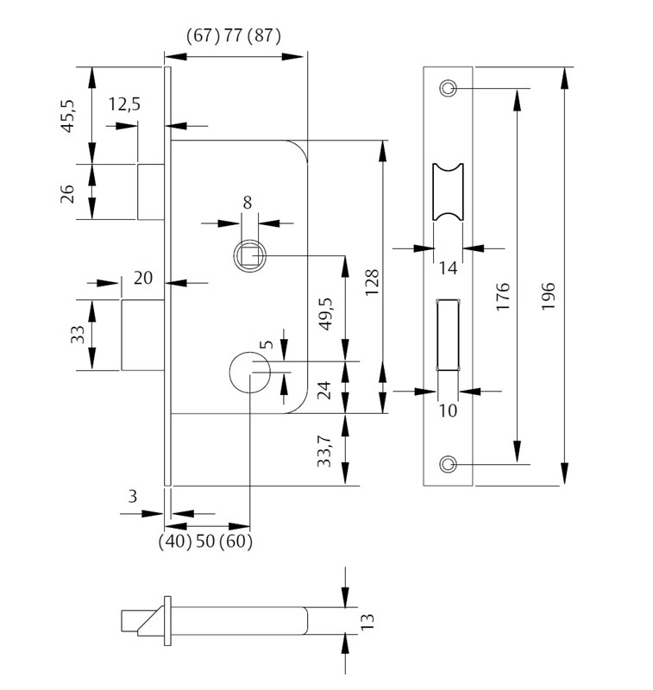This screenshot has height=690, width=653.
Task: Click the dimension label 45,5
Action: (x=68, y=116)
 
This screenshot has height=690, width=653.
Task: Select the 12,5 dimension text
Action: (x=124, y=104)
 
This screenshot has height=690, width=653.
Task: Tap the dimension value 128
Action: (x=373, y=283)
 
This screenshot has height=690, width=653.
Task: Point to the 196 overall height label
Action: (x=549, y=297)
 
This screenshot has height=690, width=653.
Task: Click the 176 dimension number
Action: (x=503, y=297)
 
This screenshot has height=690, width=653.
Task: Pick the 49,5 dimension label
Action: (x=326, y=314)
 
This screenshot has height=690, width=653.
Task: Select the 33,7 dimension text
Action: (x=324, y=451)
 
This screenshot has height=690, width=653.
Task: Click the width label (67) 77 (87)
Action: (x=233, y=35)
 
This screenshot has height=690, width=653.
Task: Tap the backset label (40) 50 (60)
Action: (x=205, y=542)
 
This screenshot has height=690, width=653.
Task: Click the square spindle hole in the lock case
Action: (x=249, y=255)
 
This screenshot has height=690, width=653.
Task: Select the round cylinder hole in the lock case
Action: (x=249, y=373)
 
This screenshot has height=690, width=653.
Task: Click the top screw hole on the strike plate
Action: (x=448, y=88)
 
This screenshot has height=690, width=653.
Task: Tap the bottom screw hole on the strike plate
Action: (x=448, y=464)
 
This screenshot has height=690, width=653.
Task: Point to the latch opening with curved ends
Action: (x=448, y=191)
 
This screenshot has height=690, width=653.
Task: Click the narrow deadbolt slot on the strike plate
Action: (x=448, y=335)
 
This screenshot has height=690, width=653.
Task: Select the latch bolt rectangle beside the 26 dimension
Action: (x=151, y=191)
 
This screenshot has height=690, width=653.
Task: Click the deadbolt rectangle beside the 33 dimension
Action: (x=143, y=335)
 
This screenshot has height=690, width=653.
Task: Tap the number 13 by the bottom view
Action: (x=367, y=621)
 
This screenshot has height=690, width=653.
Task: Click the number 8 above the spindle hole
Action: (x=248, y=203)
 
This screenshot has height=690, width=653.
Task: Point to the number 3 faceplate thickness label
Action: (x=133, y=497)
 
